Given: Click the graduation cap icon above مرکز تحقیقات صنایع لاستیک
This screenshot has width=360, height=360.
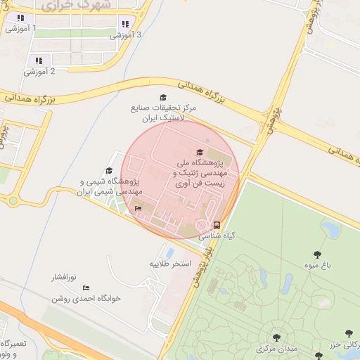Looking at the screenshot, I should pos(164,98).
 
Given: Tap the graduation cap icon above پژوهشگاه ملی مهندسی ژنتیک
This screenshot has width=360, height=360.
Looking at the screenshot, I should pos(200,152).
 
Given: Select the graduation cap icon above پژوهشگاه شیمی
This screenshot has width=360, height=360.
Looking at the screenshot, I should pos(109,171).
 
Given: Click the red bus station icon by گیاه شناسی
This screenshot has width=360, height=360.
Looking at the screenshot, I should pos(216,226).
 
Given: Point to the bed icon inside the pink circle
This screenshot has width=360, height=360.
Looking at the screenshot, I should pos(138,208).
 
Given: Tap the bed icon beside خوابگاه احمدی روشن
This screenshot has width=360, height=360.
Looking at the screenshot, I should pos(86,288).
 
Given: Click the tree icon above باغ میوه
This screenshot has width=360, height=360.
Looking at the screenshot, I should pos(317,255).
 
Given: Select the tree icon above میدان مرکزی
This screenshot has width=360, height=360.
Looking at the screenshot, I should pos(276,337).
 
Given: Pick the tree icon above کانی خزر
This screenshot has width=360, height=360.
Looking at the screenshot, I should pos(349,334).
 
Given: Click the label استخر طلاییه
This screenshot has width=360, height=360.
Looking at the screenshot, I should pos(170,264).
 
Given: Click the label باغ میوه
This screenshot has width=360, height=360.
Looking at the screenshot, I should pos(317,266).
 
